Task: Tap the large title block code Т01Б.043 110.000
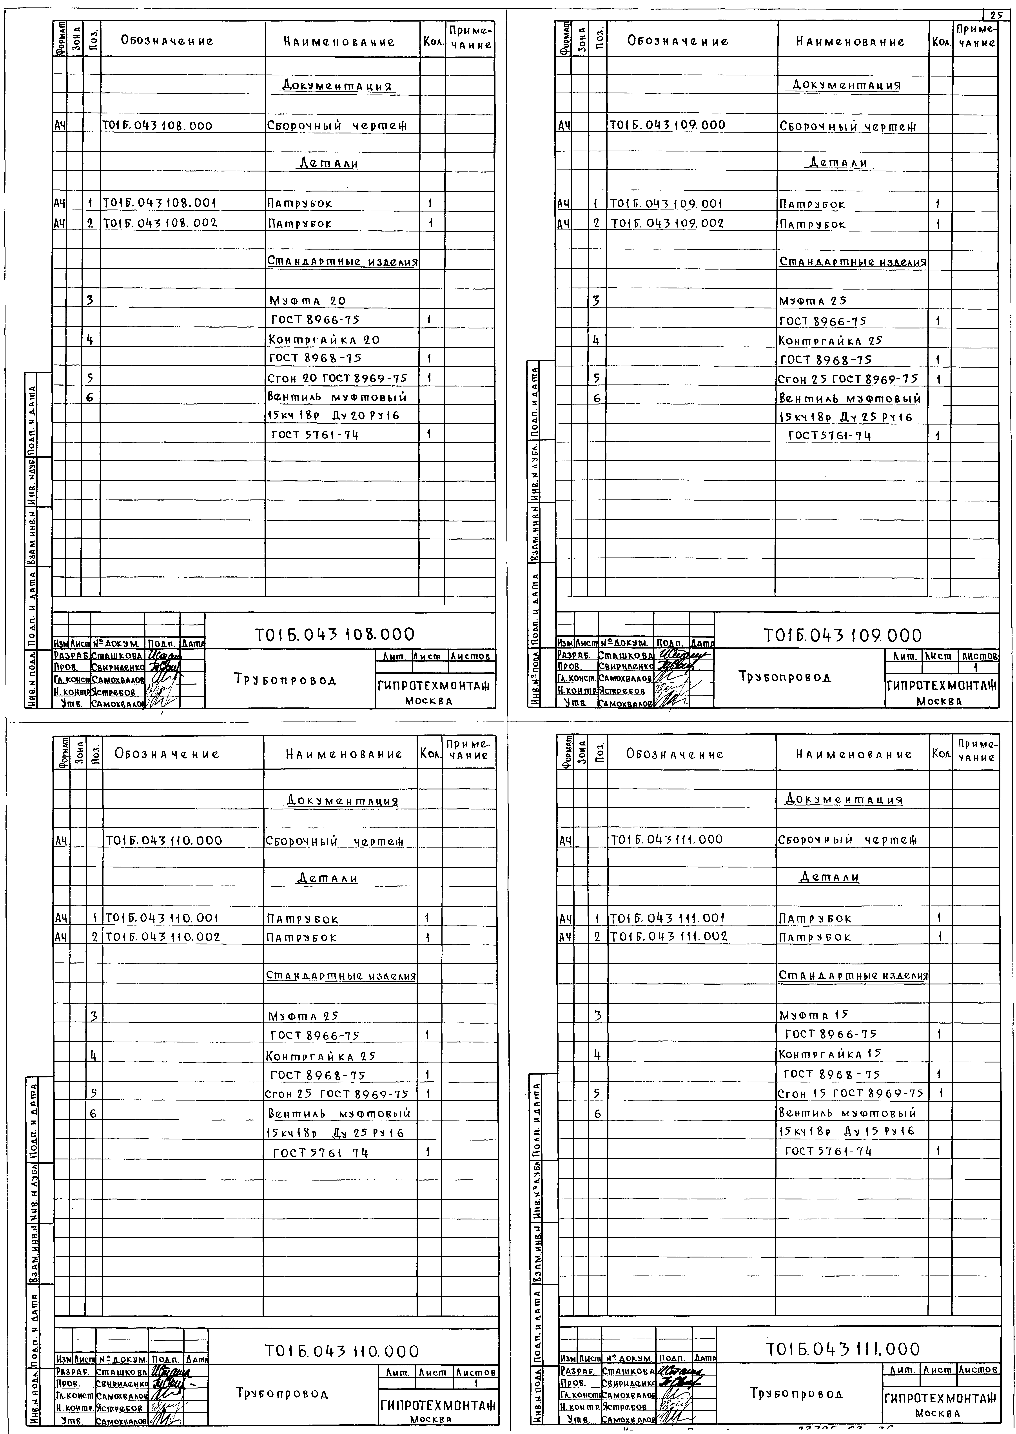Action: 342,1351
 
